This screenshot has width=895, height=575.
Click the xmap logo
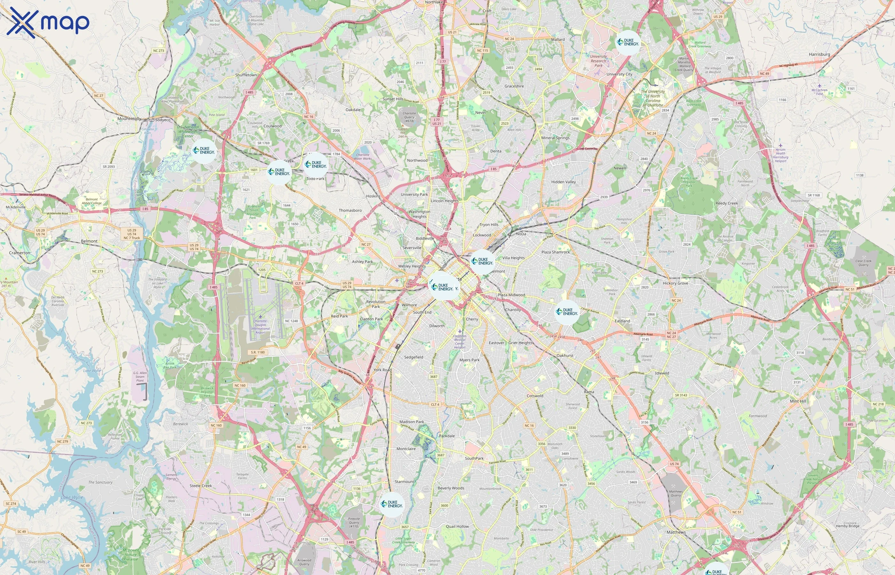pos(48,23)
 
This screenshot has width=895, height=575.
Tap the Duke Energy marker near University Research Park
pos(628,42)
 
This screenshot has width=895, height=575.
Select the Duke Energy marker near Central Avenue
pos(567,312)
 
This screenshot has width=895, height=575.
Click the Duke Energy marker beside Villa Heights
pos(482,261)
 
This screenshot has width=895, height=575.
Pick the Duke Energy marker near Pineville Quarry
pos(392,504)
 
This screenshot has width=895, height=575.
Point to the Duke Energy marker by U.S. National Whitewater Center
pos(204,151)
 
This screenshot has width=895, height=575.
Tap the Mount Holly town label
pos(129,119)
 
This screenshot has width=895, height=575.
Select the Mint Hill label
pos(798,401)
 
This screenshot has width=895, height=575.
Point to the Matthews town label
pos(676,532)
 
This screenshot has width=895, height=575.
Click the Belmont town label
pos(89,241)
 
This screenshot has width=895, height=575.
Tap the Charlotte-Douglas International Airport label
pos(261,327)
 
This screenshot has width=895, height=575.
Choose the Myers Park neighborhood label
pos(469,360)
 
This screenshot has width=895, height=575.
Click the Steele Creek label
pos(201,486)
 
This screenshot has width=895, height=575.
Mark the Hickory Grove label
pos(675,283)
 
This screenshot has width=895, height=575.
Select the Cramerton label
pos(20,253)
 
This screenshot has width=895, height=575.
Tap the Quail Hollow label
pos(457,526)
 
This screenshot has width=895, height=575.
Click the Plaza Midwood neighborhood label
pos(511,295)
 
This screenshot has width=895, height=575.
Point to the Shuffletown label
pos(246,75)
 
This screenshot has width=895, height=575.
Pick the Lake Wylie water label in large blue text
pos(72,497)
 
